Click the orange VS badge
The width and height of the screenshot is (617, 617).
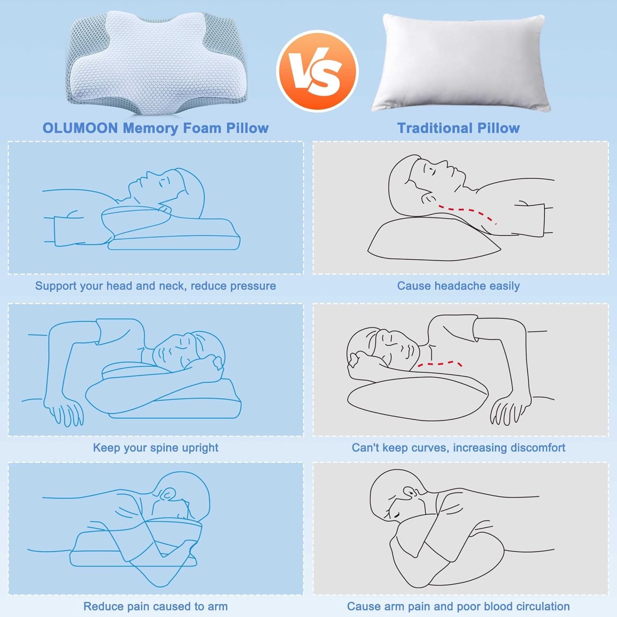point(317,71)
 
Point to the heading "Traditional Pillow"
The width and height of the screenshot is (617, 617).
point(458,128)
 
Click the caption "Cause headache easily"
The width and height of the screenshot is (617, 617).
point(458,286)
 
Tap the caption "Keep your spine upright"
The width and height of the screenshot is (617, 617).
point(155,448)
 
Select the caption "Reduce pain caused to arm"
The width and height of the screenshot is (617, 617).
point(155,606)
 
